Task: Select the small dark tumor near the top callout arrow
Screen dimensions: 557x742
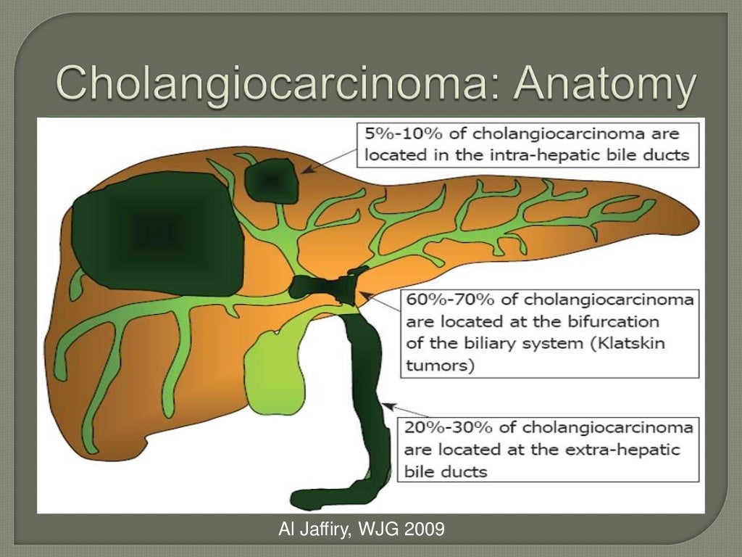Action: click(x=270, y=181)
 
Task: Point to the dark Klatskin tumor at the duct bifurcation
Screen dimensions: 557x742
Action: click(x=330, y=286)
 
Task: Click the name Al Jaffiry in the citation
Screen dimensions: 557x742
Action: click(x=314, y=530)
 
